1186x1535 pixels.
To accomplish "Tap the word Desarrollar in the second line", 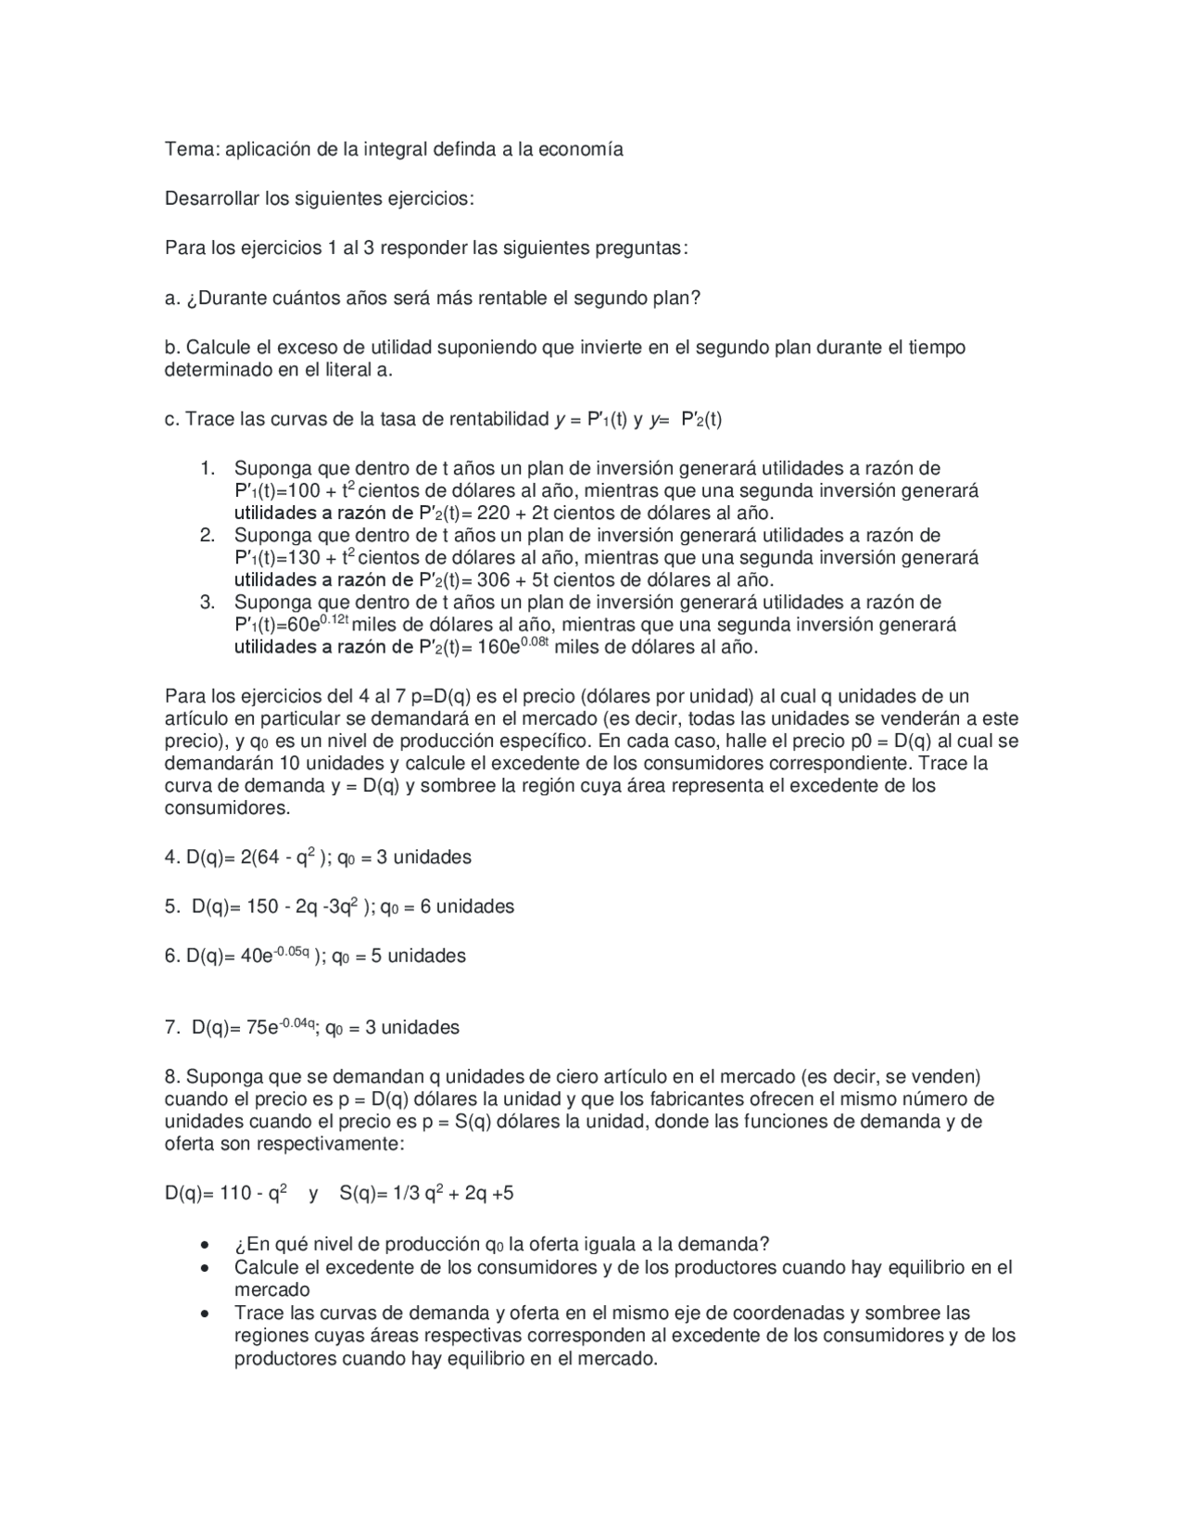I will point(211,198).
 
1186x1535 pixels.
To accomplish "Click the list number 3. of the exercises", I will point(208,603).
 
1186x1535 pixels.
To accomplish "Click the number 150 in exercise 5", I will point(262,907).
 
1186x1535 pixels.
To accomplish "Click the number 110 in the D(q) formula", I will point(235,1194).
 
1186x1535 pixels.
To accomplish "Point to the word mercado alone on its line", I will point(271,1290).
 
